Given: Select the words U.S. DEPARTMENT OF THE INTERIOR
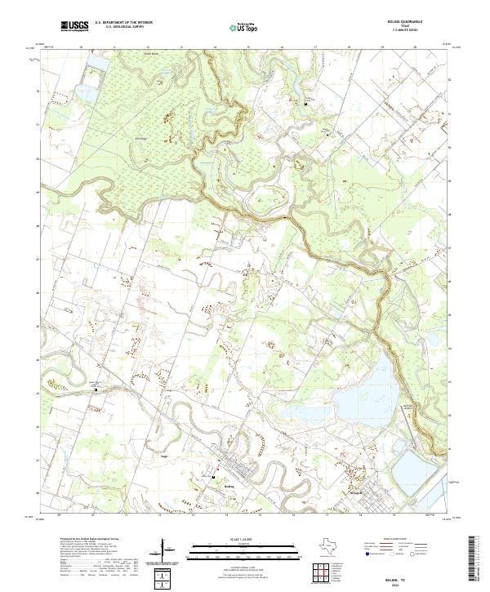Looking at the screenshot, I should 123,23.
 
